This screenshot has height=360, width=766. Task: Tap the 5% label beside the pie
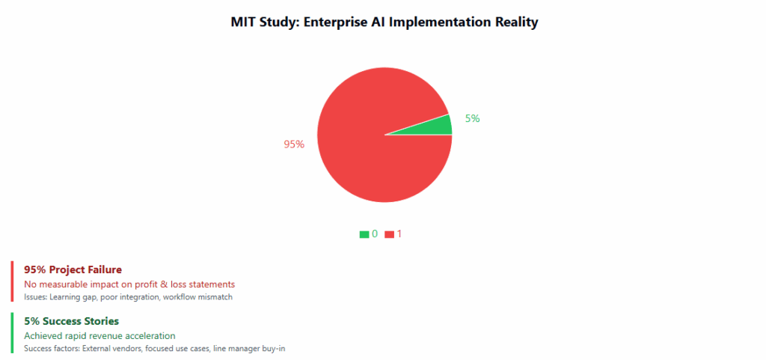coord(472,118)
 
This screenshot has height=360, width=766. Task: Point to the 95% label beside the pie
coord(294,144)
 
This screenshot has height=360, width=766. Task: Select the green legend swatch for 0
coord(364,234)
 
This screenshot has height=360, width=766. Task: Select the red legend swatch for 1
coord(389,234)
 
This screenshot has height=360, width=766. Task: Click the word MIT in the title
coord(244,22)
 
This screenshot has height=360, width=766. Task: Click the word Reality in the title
coord(514,22)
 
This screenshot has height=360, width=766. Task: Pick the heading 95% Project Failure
coord(73,269)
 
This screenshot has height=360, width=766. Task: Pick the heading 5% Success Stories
coord(71,322)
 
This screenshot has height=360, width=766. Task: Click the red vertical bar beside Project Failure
coord(12,281)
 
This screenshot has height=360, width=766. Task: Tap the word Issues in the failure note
coord(35,297)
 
